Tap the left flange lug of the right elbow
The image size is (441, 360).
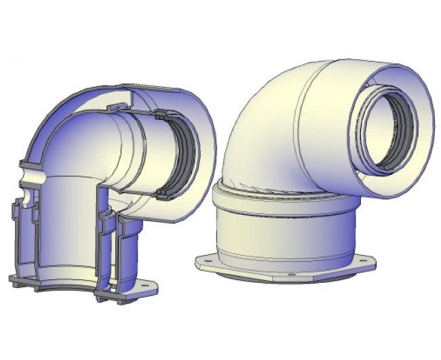pos(207,261)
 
